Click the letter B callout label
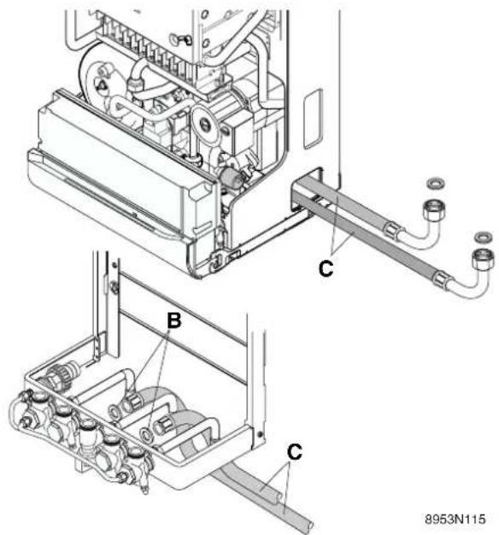174,320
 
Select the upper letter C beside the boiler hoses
326,268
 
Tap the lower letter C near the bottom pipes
294,452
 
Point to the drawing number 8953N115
455,520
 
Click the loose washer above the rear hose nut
437,183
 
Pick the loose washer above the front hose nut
484,236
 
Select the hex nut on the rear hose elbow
431,209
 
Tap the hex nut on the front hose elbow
482,259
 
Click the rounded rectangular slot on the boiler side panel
313,119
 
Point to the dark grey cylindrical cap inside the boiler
229,176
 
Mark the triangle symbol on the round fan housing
101,84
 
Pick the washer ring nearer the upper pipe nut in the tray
114,411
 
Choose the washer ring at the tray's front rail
147,434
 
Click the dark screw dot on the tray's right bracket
261,434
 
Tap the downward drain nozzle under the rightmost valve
145,488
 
